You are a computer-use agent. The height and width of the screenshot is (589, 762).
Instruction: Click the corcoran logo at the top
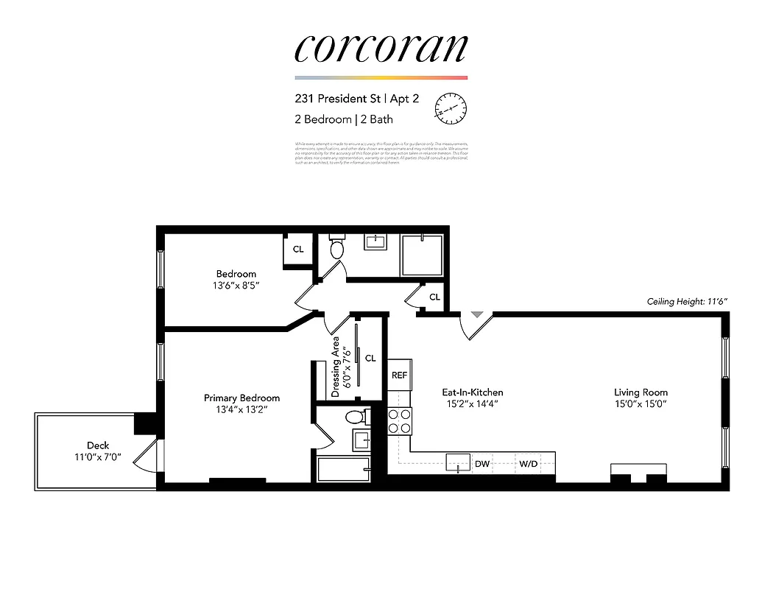[381, 48]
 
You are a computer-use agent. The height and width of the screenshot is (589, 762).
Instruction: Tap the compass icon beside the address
[451, 109]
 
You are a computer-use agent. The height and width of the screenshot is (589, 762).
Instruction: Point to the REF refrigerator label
[399, 375]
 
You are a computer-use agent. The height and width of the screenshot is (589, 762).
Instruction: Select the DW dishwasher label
[482, 464]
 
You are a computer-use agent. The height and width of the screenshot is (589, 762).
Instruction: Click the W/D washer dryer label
[528, 464]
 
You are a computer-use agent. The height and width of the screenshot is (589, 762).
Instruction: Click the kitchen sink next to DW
[458, 464]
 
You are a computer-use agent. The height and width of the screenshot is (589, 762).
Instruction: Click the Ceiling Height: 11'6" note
[686, 302]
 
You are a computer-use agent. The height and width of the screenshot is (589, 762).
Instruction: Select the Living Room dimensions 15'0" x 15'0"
[641, 403]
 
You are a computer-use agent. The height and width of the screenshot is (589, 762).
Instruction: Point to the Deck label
[98, 445]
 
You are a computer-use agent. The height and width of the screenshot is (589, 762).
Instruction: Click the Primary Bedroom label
[241, 398]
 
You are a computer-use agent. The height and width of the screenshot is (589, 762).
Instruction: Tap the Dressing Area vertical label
[336, 367]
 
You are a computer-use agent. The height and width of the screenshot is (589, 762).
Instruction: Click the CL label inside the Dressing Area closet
[370, 359]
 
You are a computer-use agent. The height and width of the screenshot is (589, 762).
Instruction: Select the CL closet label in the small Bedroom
[298, 250]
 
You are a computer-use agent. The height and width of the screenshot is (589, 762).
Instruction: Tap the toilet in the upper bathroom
[337, 247]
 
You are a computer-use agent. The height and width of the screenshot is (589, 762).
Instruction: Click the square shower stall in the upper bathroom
[422, 255]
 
